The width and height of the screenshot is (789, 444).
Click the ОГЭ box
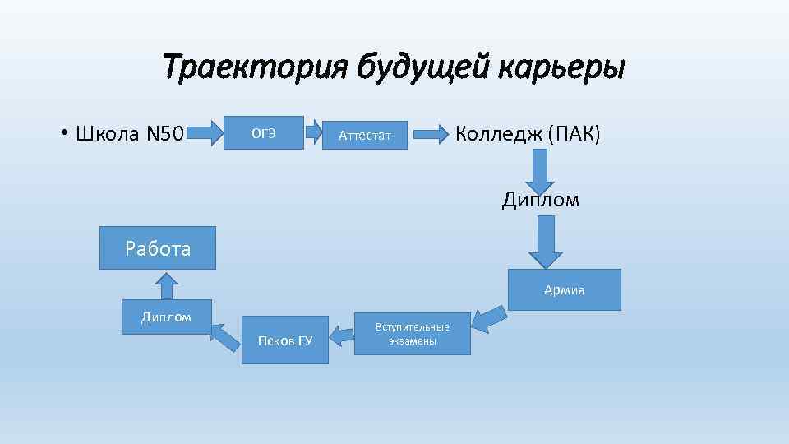coord(264,133)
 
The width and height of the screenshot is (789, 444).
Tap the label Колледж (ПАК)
coord(528,133)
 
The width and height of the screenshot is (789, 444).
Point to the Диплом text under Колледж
coord(541,200)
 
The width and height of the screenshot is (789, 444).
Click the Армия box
coord(564,289)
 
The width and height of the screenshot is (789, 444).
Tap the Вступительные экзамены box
coord(412,334)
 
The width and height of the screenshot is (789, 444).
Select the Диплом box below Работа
coord(166,317)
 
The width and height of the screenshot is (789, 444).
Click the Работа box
coord(158,248)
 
